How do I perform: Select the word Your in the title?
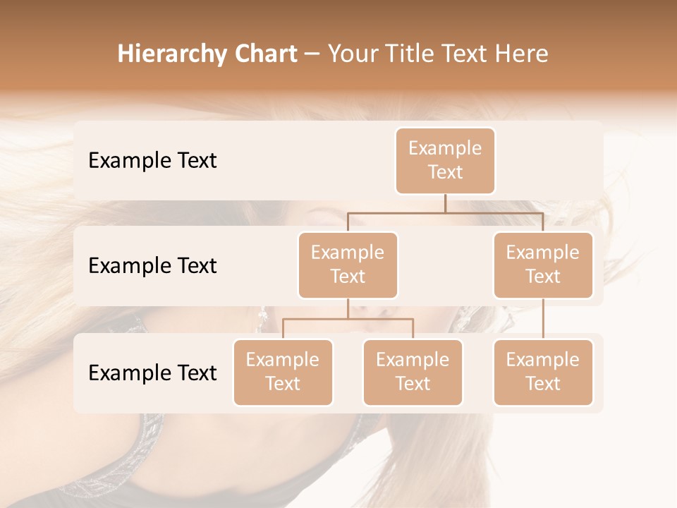[352, 54]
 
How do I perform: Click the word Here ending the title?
[521, 54]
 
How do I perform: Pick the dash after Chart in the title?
[311, 55]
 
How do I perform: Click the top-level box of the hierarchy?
[445, 160]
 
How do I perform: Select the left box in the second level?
[348, 265]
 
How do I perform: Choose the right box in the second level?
[543, 265]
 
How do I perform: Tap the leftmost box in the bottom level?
[283, 372]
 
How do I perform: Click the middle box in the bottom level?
[413, 372]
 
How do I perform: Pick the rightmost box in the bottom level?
[543, 372]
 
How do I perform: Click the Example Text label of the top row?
[152, 160]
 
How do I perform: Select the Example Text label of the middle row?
[152, 265]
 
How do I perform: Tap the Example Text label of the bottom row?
[152, 373]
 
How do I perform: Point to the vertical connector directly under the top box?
[445, 203]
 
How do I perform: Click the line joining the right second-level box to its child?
[543, 319]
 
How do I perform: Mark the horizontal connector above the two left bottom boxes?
[348, 319]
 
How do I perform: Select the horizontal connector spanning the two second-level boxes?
[445, 212]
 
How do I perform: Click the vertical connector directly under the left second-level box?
[348, 308]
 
